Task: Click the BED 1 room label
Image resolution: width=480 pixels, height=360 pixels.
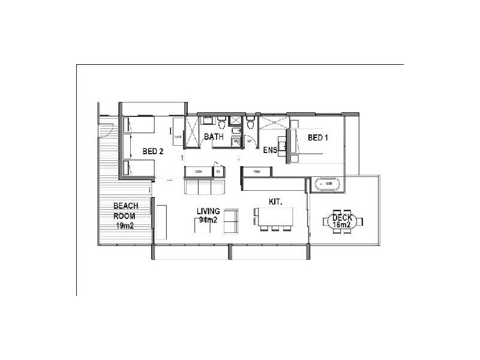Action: coord(317,137)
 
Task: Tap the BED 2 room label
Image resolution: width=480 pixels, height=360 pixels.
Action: coord(153,151)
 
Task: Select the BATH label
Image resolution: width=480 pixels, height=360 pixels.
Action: coord(214,137)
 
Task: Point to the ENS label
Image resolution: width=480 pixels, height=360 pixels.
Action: coord(270,150)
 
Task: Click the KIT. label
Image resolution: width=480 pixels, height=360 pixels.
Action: coord(275,202)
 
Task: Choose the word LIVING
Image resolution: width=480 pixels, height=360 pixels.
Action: coord(209,211)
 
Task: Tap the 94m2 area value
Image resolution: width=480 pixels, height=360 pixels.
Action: coord(209,220)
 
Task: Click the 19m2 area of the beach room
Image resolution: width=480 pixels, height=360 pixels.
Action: coord(125,226)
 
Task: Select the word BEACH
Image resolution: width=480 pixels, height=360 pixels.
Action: coord(125,206)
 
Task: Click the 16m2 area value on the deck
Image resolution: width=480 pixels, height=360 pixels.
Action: coord(343,226)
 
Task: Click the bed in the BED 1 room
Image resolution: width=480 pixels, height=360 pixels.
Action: coord(307,144)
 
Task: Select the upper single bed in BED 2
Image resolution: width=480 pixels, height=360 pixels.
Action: coord(139,125)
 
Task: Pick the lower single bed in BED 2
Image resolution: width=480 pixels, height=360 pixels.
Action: coord(139,167)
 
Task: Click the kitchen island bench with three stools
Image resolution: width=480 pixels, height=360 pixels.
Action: coord(274,215)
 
